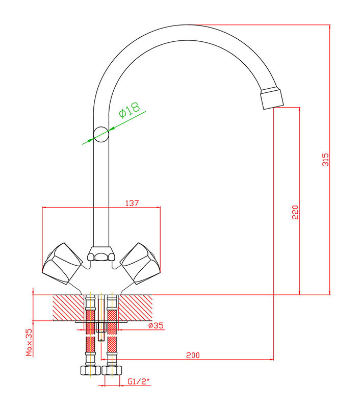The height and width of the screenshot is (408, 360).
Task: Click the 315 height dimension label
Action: click(x=325, y=160)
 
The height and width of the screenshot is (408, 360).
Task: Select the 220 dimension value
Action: click(x=295, y=212)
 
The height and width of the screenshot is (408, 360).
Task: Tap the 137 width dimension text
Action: click(x=132, y=203)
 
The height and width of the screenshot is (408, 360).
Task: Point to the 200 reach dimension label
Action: click(x=193, y=355)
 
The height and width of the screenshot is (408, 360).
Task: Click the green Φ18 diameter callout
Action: click(x=130, y=110)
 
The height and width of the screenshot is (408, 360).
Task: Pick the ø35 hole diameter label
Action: click(x=156, y=325)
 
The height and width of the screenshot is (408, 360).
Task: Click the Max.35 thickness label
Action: click(x=29, y=342)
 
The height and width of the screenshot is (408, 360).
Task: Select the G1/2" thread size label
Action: click(x=139, y=381)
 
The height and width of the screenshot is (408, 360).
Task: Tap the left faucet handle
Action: click(x=62, y=263)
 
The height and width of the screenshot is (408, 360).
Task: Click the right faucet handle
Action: click(x=140, y=263)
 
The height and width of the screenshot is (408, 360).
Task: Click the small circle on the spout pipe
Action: click(x=101, y=135)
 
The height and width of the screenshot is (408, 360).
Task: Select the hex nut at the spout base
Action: click(x=101, y=253)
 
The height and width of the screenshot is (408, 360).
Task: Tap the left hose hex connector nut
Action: click(x=90, y=370)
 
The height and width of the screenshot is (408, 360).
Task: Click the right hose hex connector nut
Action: click(x=112, y=370)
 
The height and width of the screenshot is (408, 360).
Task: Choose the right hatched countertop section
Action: click(x=135, y=308)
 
